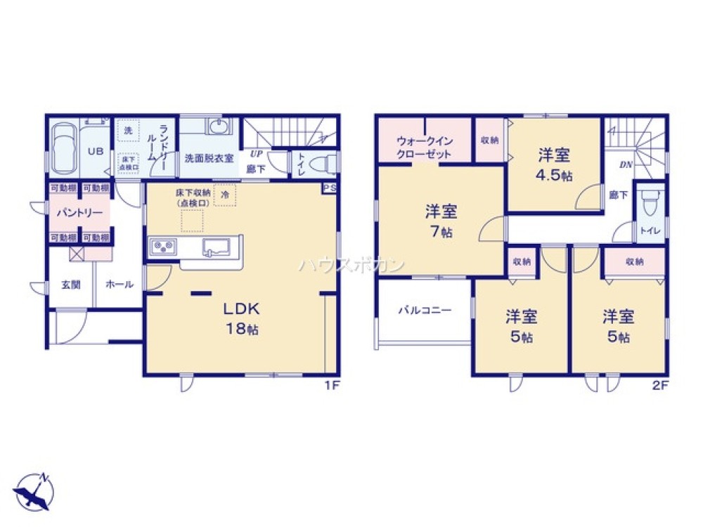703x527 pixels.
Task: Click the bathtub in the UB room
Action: pos(64,149)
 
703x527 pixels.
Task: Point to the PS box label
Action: pos(330,188)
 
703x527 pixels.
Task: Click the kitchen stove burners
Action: pos(164,247)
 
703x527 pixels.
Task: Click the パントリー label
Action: pos(79,213)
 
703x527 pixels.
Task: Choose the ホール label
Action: pos(119,285)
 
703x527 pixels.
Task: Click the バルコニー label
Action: pos(423,310)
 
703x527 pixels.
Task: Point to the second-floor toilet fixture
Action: pos(650,203)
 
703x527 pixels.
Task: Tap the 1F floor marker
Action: pos(331,385)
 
